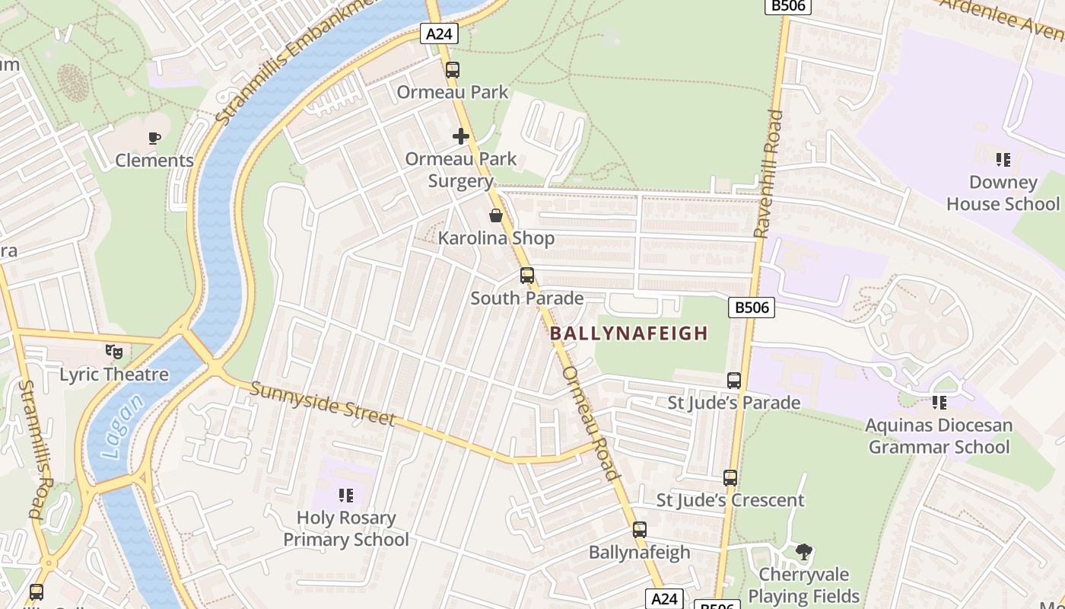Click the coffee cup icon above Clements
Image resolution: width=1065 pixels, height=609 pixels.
tap(154, 138)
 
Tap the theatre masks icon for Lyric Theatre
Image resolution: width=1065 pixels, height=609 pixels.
tap(114, 352)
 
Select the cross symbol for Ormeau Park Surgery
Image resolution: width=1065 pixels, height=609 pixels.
tap(461, 136)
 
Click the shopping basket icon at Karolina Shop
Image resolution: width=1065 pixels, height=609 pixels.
tap(496, 216)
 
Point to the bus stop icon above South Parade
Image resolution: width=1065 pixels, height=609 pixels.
tap(526, 276)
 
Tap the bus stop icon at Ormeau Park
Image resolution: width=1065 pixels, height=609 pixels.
tap(453, 70)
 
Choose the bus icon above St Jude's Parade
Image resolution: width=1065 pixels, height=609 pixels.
tap(734, 380)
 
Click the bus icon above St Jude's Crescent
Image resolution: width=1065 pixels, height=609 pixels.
tap(730, 478)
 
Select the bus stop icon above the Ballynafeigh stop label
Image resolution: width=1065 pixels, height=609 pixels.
tap(640, 530)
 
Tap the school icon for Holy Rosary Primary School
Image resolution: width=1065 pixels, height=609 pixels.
tap(346, 496)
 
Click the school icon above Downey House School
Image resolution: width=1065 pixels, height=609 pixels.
tap(1003, 160)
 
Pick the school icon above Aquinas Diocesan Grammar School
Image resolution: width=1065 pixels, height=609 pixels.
tap(939, 403)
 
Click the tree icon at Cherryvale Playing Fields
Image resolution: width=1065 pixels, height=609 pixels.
tap(803, 552)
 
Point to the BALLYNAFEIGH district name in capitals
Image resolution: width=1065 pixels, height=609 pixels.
tap(628, 333)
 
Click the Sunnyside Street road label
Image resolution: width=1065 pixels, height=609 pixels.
tap(323, 403)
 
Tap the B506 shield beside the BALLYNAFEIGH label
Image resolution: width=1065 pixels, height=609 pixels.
tap(752, 308)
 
